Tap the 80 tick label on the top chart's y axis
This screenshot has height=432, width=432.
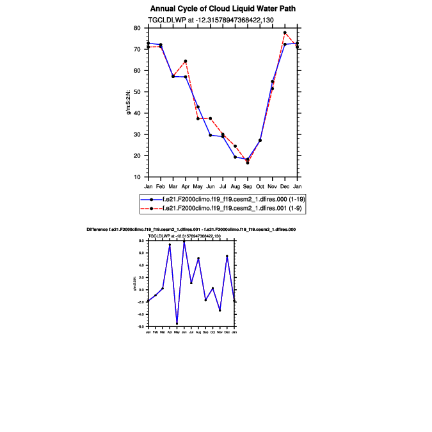pos(137,28)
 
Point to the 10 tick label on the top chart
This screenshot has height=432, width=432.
pos(137,177)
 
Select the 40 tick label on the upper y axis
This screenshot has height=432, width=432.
pos(137,113)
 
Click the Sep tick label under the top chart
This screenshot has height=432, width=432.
pos(248,186)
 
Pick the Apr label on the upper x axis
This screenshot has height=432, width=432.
pos(186,186)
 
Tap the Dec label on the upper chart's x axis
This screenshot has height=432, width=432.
pos(285,186)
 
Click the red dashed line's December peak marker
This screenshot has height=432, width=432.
pos(285,33)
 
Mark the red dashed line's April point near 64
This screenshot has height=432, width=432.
pos(186,61)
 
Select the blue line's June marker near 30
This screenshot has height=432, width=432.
pos(211,135)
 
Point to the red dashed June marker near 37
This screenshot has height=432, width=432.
pos(211,118)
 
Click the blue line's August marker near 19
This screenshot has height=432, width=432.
pos(235,157)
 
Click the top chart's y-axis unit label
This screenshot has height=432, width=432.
pos(128,102)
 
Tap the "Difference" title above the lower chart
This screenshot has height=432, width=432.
pos(190,229)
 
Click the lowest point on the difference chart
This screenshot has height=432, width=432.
pos(177,324)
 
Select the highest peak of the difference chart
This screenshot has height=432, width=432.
pos(184,241)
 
